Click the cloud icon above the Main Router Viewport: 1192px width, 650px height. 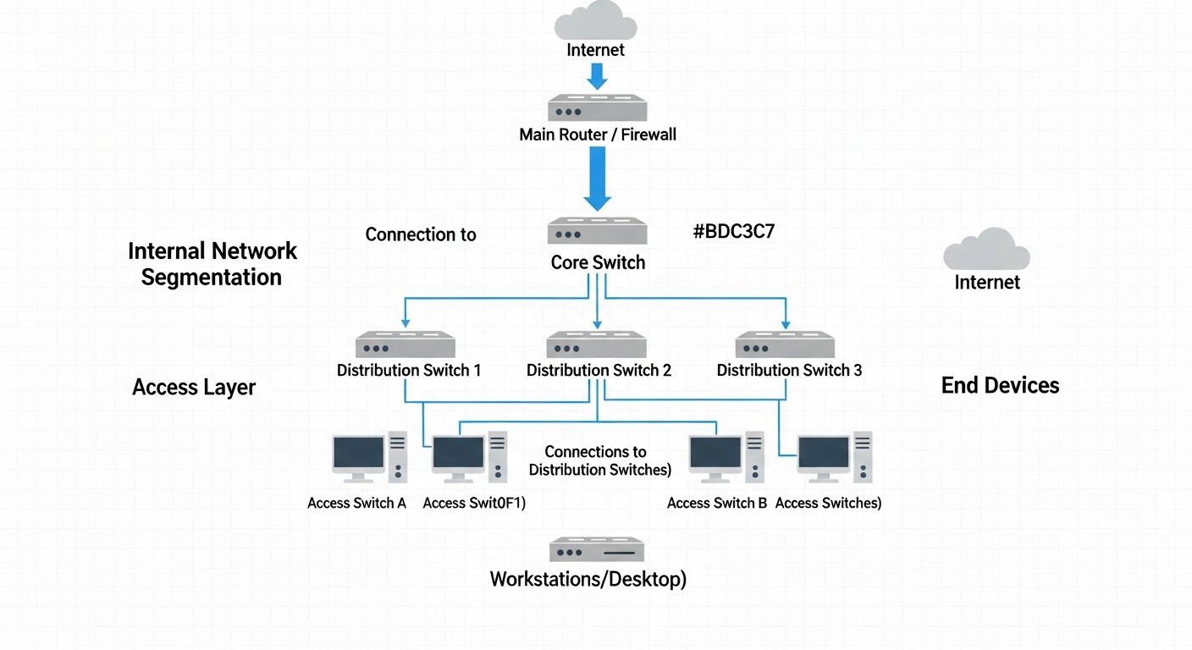coord(596,20)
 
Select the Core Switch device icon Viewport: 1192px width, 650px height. coord(597,232)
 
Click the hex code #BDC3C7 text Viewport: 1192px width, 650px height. coord(733,233)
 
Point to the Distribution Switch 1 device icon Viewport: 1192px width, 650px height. coord(406,344)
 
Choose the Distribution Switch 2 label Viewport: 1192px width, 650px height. coord(599,371)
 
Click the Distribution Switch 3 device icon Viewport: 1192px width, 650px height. coord(786,344)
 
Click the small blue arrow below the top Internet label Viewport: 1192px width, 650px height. coord(597,76)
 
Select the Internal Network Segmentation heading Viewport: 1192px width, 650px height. coord(212,264)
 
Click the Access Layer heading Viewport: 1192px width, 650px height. coord(194,388)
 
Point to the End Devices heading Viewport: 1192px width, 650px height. coord(1000,386)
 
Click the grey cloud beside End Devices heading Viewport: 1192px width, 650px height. coord(986,249)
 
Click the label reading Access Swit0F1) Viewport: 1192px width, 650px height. coord(474,504)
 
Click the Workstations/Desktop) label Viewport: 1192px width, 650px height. coord(588,581)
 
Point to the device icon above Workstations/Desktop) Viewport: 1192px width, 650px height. coord(597,549)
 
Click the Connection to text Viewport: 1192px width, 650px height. coord(421,234)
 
